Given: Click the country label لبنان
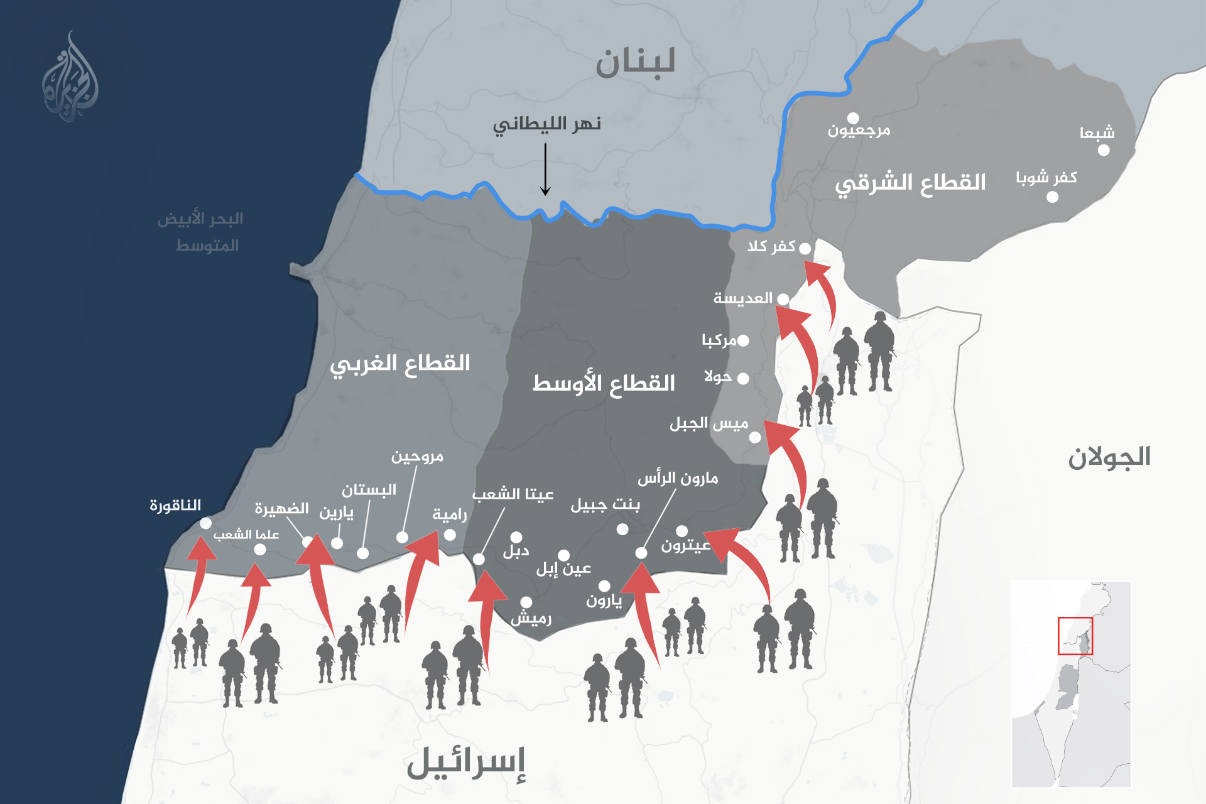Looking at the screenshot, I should (x=635, y=63).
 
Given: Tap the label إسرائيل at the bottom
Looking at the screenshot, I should (x=466, y=763).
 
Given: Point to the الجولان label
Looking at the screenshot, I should (x=1109, y=457).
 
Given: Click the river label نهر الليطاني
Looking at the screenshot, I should (x=546, y=124).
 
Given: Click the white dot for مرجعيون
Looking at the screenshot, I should (x=853, y=118).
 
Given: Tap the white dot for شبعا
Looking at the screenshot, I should (x=1104, y=150).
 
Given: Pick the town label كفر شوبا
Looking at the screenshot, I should (x=1046, y=178).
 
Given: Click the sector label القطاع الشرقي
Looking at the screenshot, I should (x=910, y=183).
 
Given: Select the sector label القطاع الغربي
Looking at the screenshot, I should (x=400, y=364).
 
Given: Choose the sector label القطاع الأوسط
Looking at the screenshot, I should (x=604, y=383).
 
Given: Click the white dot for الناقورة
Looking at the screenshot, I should (x=205, y=523).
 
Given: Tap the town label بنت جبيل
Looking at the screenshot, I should (x=605, y=505).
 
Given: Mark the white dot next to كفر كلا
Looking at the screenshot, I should (x=805, y=248).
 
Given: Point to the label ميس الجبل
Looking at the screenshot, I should (x=709, y=423).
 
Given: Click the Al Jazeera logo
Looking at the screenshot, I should (x=70, y=79).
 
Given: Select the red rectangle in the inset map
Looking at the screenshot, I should (x=1075, y=636).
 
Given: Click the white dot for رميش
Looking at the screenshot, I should (x=526, y=602).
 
